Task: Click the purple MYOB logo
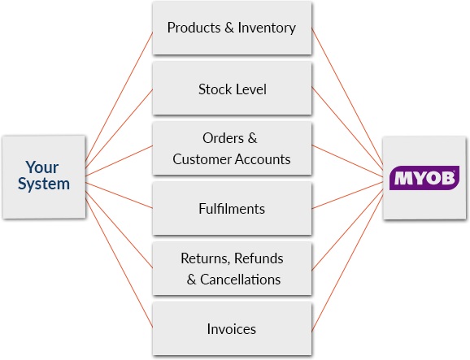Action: (x=424, y=178)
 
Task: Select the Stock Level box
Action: (x=232, y=89)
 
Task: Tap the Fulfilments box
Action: (x=232, y=209)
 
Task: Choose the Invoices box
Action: (x=232, y=329)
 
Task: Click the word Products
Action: (x=194, y=28)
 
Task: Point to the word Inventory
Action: (x=267, y=28)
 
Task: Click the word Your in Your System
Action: (x=42, y=167)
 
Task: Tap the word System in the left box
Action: (x=44, y=184)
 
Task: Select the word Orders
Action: (x=223, y=138)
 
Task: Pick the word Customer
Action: (x=202, y=159)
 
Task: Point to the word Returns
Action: (x=206, y=258)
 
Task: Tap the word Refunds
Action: (x=259, y=258)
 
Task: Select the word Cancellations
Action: (x=240, y=280)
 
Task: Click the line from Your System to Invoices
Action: (x=119, y=262)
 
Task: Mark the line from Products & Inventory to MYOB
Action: (x=347, y=96)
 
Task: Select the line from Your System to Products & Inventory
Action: (x=119, y=97)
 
